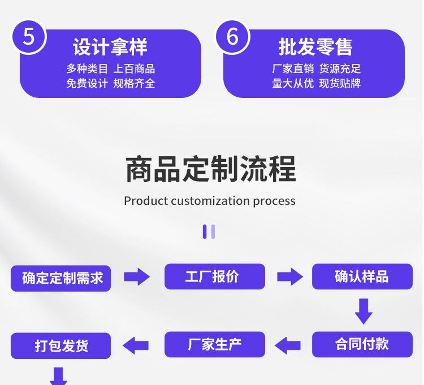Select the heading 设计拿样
(x=110, y=48)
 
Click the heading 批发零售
(x=315, y=48)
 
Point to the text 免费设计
(x=86, y=84)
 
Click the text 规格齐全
(x=134, y=84)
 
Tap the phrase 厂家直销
(x=292, y=69)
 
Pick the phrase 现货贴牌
(x=340, y=84)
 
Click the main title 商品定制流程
(x=210, y=169)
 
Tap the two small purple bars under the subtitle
(x=209, y=232)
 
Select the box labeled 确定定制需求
(x=61, y=277)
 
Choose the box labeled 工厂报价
(x=215, y=276)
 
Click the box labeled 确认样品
(x=362, y=276)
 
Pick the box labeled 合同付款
(x=362, y=344)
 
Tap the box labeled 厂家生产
(x=215, y=344)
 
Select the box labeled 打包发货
(x=61, y=345)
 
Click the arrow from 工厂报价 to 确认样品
(x=289, y=277)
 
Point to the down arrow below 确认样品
(x=363, y=311)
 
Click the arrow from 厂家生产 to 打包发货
(x=137, y=345)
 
